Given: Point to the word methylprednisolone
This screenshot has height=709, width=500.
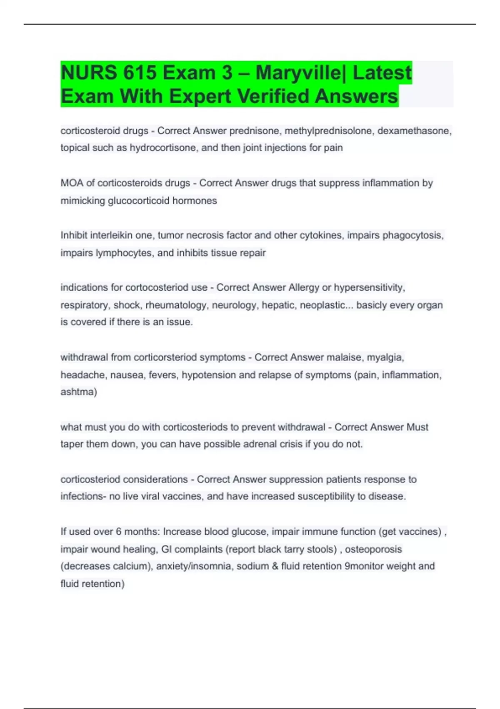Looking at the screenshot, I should (x=329, y=131).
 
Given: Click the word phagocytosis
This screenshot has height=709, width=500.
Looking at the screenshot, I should (x=412, y=235).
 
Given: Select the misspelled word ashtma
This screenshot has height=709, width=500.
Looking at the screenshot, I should (x=78, y=392).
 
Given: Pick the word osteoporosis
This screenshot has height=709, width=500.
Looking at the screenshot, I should (x=373, y=549).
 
